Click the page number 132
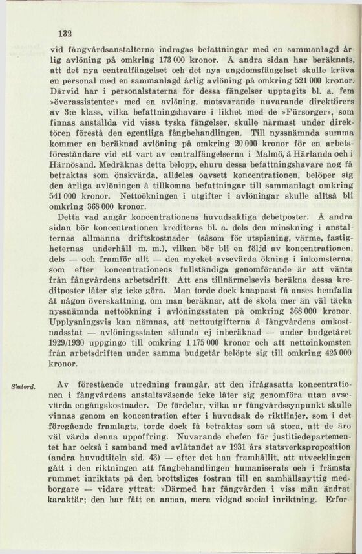point(63,34)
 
